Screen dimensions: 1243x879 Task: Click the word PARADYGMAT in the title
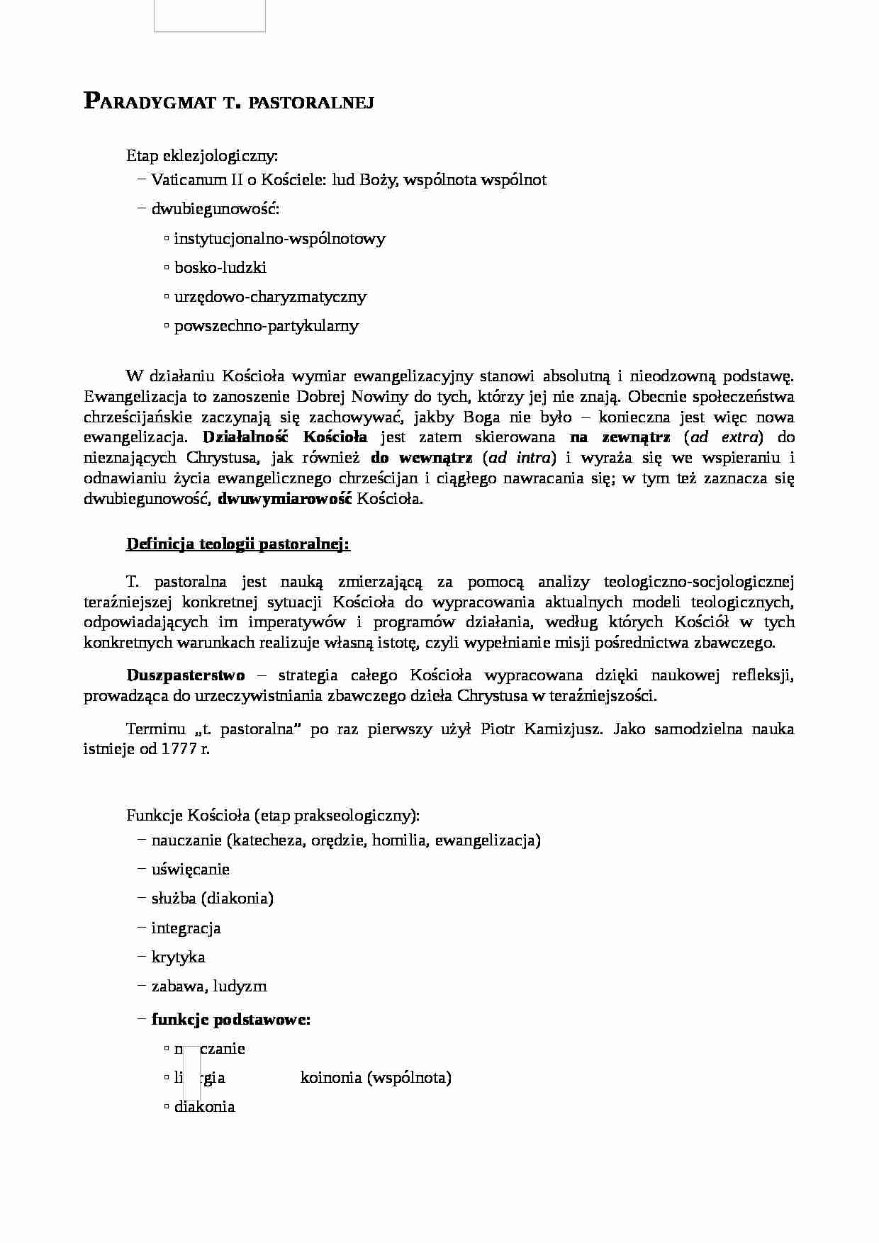(x=150, y=102)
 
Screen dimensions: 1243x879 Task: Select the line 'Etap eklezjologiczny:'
(x=202, y=155)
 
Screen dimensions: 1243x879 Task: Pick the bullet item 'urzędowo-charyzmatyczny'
(x=270, y=297)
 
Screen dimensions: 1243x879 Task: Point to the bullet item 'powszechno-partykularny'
(x=267, y=326)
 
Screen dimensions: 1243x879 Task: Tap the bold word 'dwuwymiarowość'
(x=285, y=499)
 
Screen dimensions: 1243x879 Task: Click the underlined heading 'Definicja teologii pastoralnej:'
(x=238, y=544)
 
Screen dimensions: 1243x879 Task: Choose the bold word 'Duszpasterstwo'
(x=186, y=675)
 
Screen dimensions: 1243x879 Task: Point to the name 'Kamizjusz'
(x=564, y=729)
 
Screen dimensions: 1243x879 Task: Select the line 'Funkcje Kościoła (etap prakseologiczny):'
(x=273, y=816)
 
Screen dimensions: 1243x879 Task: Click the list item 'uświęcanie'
(x=190, y=870)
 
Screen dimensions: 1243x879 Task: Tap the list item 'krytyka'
(x=178, y=957)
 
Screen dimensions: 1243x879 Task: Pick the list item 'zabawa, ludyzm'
(x=209, y=986)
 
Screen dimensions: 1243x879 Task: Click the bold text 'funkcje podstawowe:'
(x=231, y=1020)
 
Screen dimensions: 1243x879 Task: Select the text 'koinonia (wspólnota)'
(x=376, y=1078)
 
